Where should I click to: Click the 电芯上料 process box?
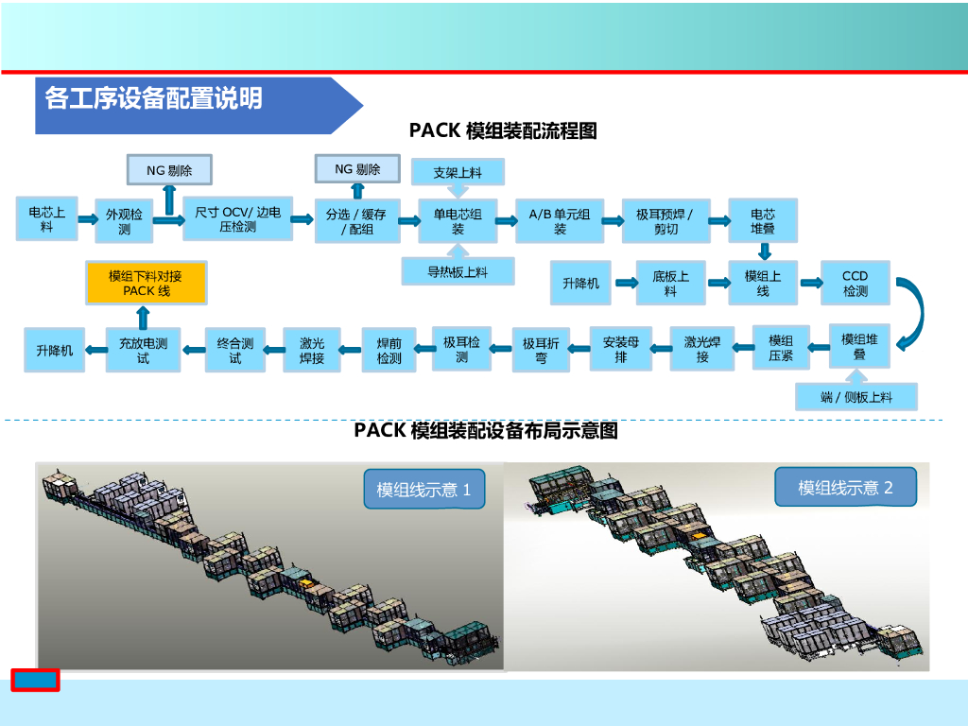tap(46, 219)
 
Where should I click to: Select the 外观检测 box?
tap(124, 222)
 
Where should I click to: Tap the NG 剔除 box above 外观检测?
tap(169, 170)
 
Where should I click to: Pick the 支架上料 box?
tap(458, 172)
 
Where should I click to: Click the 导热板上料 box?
tap(458, 271)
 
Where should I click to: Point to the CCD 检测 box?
tap(855, 283)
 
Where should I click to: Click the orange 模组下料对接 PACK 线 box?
tap(146, 283)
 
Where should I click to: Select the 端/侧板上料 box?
tap(856, 397)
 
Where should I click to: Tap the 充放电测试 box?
tap(143, 351)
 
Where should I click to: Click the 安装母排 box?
tap(620, 349)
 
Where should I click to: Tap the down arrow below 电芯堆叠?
tap(764, 251)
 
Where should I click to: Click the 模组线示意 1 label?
tap(423, 489)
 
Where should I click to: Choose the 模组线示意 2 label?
tap(845, 487)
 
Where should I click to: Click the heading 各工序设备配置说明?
tap(154, 97)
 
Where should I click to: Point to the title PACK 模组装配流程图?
tap(503, 130)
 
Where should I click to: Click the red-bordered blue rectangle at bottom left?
tap(35, 680)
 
